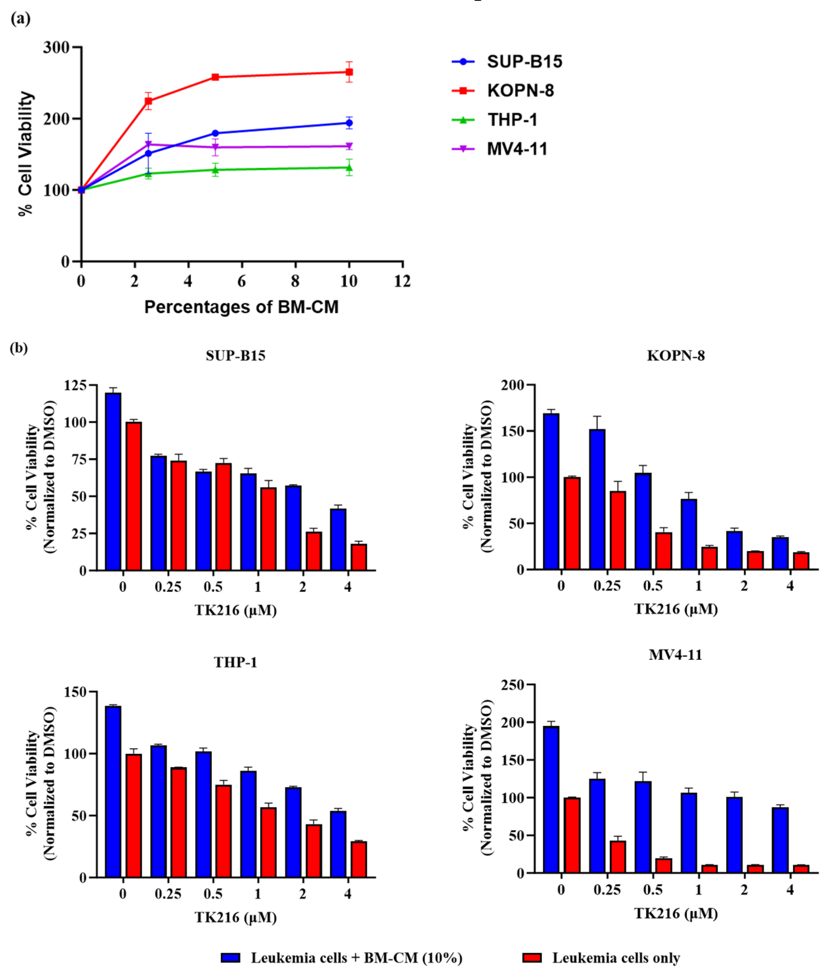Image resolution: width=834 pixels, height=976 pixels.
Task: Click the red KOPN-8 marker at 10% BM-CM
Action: tap(349, 72)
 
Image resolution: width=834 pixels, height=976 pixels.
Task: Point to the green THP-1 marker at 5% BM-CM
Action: tap(215, 170)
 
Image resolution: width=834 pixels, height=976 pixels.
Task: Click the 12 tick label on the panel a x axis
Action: tap(402, 281)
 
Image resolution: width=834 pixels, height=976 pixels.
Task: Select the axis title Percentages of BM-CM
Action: tap(241, 307)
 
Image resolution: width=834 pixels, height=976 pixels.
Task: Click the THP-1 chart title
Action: tap(235, 662)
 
